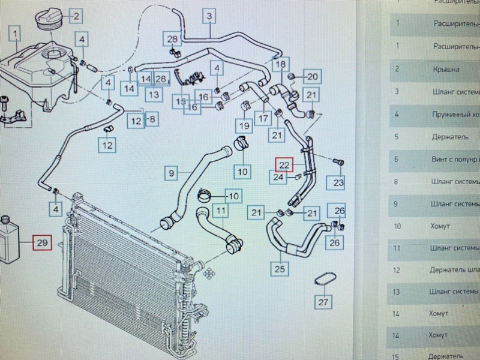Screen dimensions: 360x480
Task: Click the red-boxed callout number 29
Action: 42,243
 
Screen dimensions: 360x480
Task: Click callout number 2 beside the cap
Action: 76,16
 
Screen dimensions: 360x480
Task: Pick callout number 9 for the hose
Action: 172,174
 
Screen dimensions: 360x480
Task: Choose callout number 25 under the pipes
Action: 279,268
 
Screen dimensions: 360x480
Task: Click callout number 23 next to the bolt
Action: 338,182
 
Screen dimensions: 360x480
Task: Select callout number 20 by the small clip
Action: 313,76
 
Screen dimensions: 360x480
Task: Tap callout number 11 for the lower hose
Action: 221,211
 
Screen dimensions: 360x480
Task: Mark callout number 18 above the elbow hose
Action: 280,64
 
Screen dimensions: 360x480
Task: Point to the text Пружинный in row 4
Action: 454,114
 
